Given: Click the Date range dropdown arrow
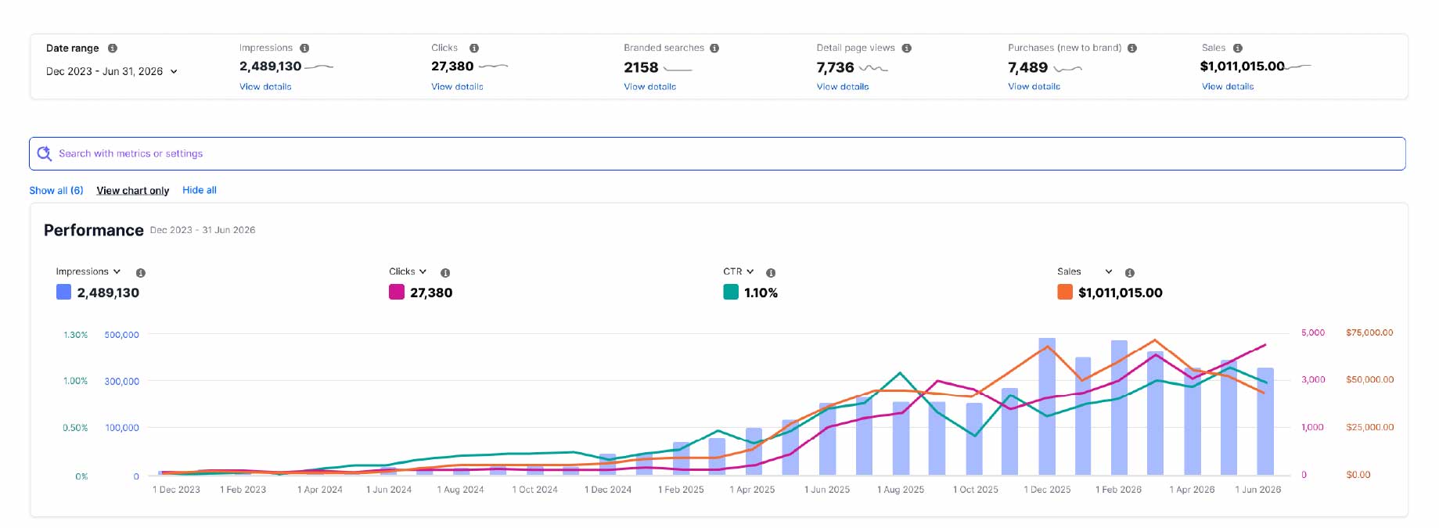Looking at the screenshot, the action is [174, 71].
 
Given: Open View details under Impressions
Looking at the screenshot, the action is [265, 87].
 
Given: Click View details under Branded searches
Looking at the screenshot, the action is [649, 87].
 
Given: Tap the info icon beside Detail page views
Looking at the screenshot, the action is [906, 48].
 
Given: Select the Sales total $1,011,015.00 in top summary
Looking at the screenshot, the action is [1242, 66].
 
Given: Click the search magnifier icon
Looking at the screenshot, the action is [45, 153].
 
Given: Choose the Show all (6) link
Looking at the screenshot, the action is [56, 190].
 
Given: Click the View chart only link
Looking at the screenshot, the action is [133, 190].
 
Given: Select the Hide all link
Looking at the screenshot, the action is [200, 190].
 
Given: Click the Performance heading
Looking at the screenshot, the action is [94, 230].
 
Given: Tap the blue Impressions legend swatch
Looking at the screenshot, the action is [64, 292].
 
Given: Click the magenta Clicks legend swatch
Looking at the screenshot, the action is [397, 292].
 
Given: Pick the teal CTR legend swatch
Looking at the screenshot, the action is [731, 292].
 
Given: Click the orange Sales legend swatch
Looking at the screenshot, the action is [1065, 292].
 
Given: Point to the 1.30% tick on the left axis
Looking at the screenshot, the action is [75, 335].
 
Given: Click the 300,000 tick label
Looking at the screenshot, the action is [121, 381].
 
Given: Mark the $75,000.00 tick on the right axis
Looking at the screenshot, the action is [1369, 332].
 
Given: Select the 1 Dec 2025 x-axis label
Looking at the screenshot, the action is [1047, 490].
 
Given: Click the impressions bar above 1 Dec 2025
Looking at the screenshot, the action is [1047, 407].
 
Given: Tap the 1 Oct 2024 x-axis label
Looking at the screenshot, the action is [535, 490].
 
